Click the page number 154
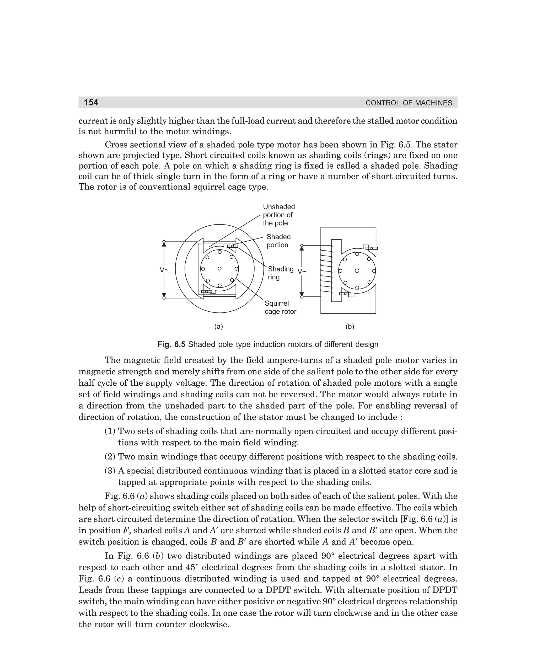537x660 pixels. tap(91, 102)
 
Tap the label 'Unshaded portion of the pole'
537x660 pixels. tap(278, 215)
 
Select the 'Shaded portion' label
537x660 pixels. tap(278, 241)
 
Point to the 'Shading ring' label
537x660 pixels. tap(280, 273)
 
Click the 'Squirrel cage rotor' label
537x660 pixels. tap(280, 307)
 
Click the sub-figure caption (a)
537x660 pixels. tap(219, 326)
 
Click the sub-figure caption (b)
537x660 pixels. tap(350, 326)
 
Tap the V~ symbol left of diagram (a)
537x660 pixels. tap(164, 270)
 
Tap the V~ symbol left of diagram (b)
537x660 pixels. tap(302, 272)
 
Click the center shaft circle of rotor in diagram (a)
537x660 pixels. tap(219, 269)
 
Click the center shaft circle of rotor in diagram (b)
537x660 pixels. tap(357, 271)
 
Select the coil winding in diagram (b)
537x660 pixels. tap(326, 271)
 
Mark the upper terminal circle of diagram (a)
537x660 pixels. tap(164, 241)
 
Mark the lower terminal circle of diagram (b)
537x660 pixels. tap(302, 297)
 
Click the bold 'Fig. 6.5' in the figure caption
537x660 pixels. tap(171, 344)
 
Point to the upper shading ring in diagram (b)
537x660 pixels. tap(372, 248)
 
